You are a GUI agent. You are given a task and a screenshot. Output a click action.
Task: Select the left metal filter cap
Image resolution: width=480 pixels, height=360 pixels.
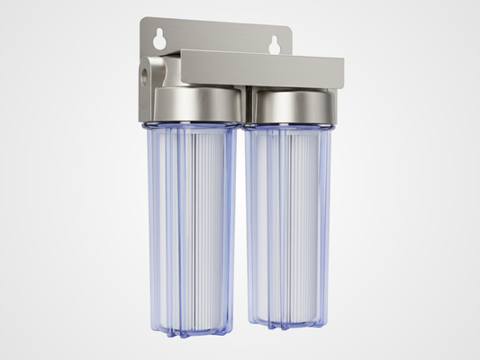coord(197,104)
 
